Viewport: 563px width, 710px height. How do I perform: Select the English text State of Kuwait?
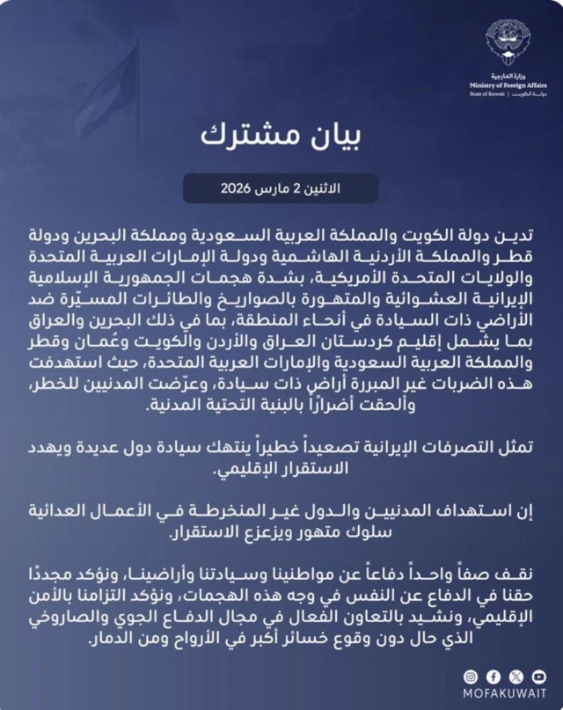click(486, 93)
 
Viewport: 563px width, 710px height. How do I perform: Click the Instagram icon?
click(472, 676)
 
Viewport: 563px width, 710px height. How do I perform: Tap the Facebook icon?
click(494, 676)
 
